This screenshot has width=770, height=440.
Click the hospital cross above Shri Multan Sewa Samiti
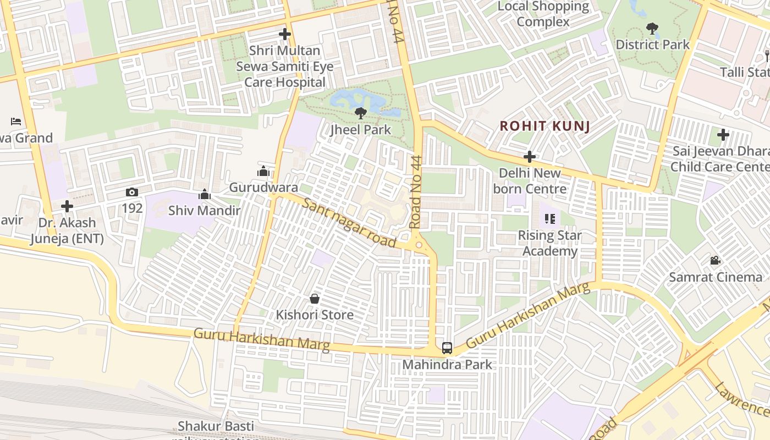(284, 34)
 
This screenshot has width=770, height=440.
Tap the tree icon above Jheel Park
(361, 113)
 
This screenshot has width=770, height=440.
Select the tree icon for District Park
(652, 28)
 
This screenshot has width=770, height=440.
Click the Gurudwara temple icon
(263, 172)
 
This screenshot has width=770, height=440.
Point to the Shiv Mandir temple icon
(205, 194)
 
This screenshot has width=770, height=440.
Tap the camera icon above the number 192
(132, 192)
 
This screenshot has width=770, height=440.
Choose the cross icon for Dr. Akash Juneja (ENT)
(67, 206)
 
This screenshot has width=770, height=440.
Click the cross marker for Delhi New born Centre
(530, 157)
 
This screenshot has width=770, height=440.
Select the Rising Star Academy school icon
(550, 219)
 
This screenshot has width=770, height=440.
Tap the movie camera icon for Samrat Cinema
(715, 260)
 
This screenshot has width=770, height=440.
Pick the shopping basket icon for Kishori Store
(315, 299)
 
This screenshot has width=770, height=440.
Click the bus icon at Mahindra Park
(447, 348)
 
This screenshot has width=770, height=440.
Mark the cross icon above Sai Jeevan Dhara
(723, 134)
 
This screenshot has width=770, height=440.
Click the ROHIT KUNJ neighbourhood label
(544, 127)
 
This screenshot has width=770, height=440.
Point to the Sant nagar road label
(349, 224)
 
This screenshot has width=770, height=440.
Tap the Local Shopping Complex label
(543, 14)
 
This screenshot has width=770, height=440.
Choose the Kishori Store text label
(315, 315)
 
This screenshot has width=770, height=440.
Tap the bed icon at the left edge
(16, 121)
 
